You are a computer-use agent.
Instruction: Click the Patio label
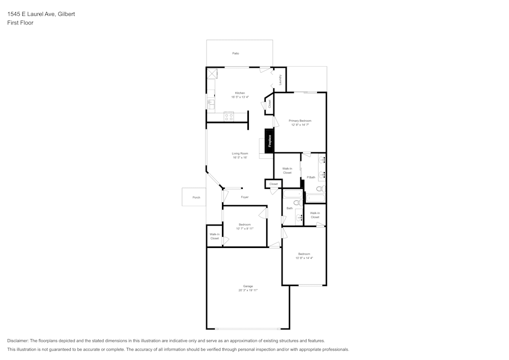tap(236, 53)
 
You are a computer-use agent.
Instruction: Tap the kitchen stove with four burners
tap(229, 117)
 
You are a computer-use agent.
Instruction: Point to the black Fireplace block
tap(269, 141)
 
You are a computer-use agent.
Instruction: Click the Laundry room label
tap(280, 80)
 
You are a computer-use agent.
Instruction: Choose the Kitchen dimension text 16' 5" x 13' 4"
tap(240, 97)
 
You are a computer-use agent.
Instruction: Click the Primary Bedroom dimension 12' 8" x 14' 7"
tap(300, 125)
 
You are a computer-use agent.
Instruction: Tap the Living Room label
tap(240, 153)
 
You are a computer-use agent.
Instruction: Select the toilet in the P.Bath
tap(321, 189)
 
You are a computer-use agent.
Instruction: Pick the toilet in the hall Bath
tap(298, 203)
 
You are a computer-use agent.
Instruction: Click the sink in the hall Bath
tap(299, 217)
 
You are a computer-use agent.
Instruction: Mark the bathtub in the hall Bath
tap(293, 194)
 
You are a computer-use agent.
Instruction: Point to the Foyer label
tap(244, 197)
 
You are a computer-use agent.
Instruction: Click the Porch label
tap(196, 198)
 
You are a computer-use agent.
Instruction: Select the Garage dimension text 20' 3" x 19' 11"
tap(248, 290)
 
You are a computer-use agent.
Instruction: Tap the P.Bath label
tap(310, 177)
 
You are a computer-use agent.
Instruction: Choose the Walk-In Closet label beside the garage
tap(214, 236)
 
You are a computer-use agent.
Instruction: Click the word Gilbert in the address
tap(66, 14)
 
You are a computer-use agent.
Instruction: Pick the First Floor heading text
tap(20, 23)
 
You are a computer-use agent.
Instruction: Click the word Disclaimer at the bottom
tap(18, 341)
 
